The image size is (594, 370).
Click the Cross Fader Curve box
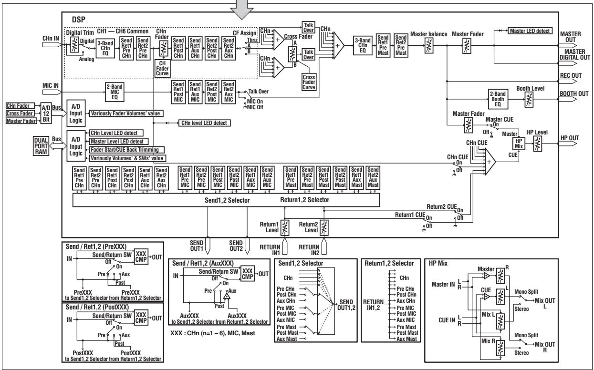[309, 81]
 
